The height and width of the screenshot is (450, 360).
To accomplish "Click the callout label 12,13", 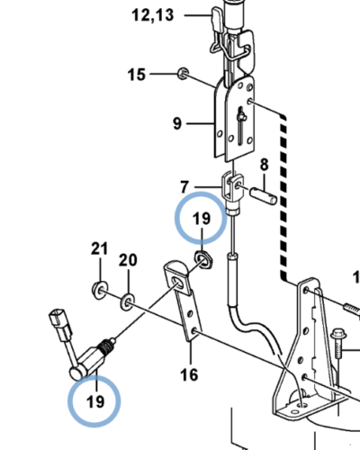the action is tap(153, 15).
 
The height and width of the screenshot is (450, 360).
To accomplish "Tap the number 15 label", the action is tap(137, 75).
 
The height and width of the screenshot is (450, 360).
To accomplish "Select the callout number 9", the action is tap(177, 123).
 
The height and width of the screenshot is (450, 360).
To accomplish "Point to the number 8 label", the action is tap(264, 165).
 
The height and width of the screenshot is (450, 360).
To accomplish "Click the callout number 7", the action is tap(184, 187).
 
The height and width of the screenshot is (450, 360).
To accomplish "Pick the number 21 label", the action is tap(99, 248).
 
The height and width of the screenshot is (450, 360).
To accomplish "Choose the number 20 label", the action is tap(128, 260).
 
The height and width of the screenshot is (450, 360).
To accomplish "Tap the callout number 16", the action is tap(189, 374).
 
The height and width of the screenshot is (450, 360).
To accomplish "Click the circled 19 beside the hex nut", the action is tap(202, 218).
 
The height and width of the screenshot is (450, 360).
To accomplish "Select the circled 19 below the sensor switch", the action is tap(95, 401).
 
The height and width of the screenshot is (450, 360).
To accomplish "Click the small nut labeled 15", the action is tap(183, 74).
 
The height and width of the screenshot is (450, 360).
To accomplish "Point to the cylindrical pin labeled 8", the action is tap(264, 196).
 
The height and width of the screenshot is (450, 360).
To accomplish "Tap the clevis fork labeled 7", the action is tap(232, 187).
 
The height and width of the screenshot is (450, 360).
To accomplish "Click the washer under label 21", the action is tap(99, 290).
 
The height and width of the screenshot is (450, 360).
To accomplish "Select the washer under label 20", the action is tap(128, 301).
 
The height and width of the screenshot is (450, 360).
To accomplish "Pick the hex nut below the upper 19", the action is tap(204, 260).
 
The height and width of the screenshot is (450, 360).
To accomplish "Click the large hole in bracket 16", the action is tap(177, 283).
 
